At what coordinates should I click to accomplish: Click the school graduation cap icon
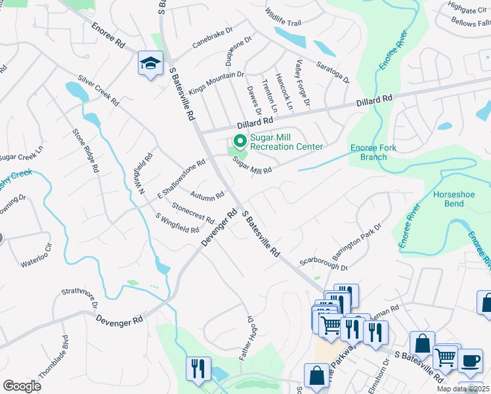point(150,64)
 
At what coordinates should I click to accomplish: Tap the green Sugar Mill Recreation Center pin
point(240,141)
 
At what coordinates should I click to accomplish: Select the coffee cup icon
point(469,361)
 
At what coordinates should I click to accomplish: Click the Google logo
point(22,386)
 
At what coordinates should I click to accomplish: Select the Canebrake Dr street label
point(213,39)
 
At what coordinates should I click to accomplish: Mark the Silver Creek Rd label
point(98,91)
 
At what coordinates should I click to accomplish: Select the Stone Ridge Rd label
point(85,150)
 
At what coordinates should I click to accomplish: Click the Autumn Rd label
point(207,195)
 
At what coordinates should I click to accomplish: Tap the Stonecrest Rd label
point(193,212)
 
